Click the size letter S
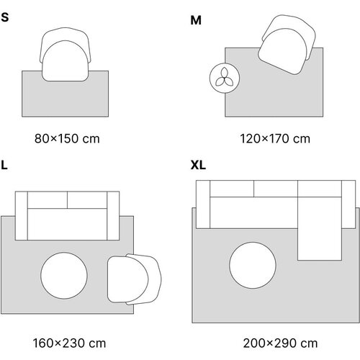[x=5, y=17]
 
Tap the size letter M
[x=196, y=20]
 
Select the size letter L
[x=4, y=165]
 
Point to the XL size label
[x=198, y=165]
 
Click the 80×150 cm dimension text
[x=67, y=139]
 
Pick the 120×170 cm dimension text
[x=275, y=139]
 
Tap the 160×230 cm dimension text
[x=69, y=343]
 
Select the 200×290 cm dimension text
[x=280, y=343]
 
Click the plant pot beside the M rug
[x=225, y=78]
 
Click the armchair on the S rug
[x=66, y=55]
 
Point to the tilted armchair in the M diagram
[x=287, y=45]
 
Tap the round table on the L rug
[x=64, y=276]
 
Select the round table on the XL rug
[x=253, y=265]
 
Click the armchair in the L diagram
[x=135, y=279]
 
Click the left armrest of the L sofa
[x=22, y=216]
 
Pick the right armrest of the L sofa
[x=113, y=216]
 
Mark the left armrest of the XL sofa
[x=203, y=204]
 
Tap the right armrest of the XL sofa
[x=348, y=204]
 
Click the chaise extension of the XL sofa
[x=320, y=228]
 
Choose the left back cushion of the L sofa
[x=48, y=200]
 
